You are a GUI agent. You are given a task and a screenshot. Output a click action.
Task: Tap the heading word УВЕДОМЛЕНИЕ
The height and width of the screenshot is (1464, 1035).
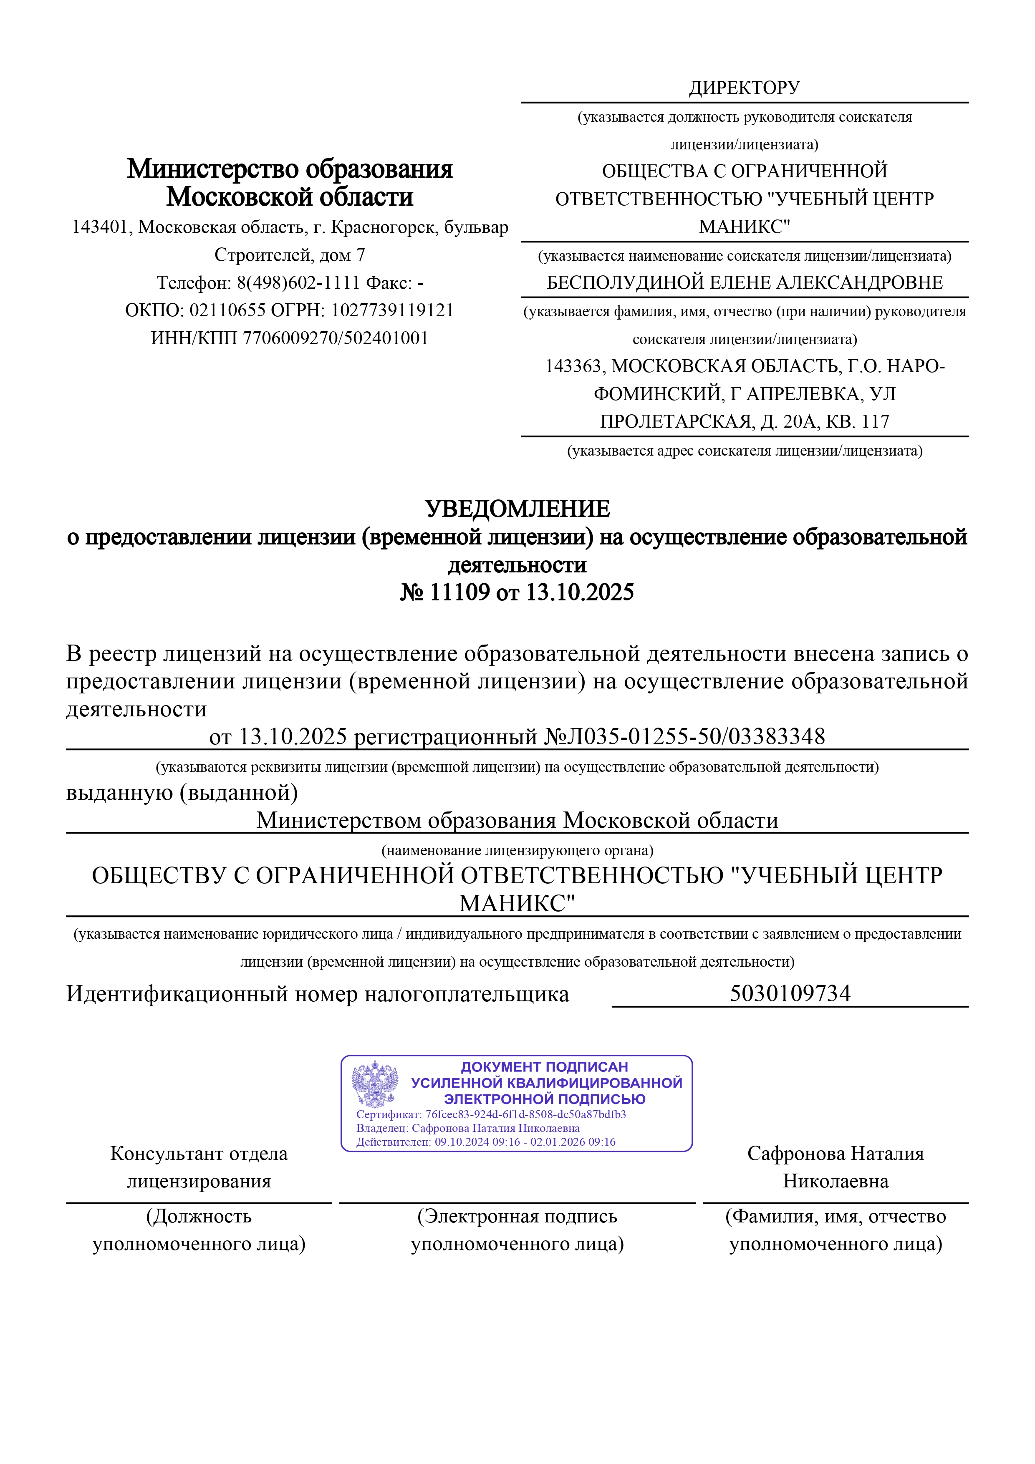pyautogui.click(x=517, y=509)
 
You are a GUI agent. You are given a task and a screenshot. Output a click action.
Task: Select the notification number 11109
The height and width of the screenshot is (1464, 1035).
pyautogui.click(x=459, y=592)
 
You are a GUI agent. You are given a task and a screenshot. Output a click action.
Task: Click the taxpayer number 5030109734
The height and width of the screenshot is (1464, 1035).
pyautogui.click(x=790, y=993)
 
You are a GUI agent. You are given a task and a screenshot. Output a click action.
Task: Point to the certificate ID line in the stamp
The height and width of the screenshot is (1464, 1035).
pyautogui.click(x=491, y=1114)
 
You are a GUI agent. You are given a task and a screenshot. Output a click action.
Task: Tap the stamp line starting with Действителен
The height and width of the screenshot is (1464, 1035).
pyautogui.click(x=486, y=1141)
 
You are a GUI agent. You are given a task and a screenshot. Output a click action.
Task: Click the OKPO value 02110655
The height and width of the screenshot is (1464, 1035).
pyautogui.click(x=227, y=310)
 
